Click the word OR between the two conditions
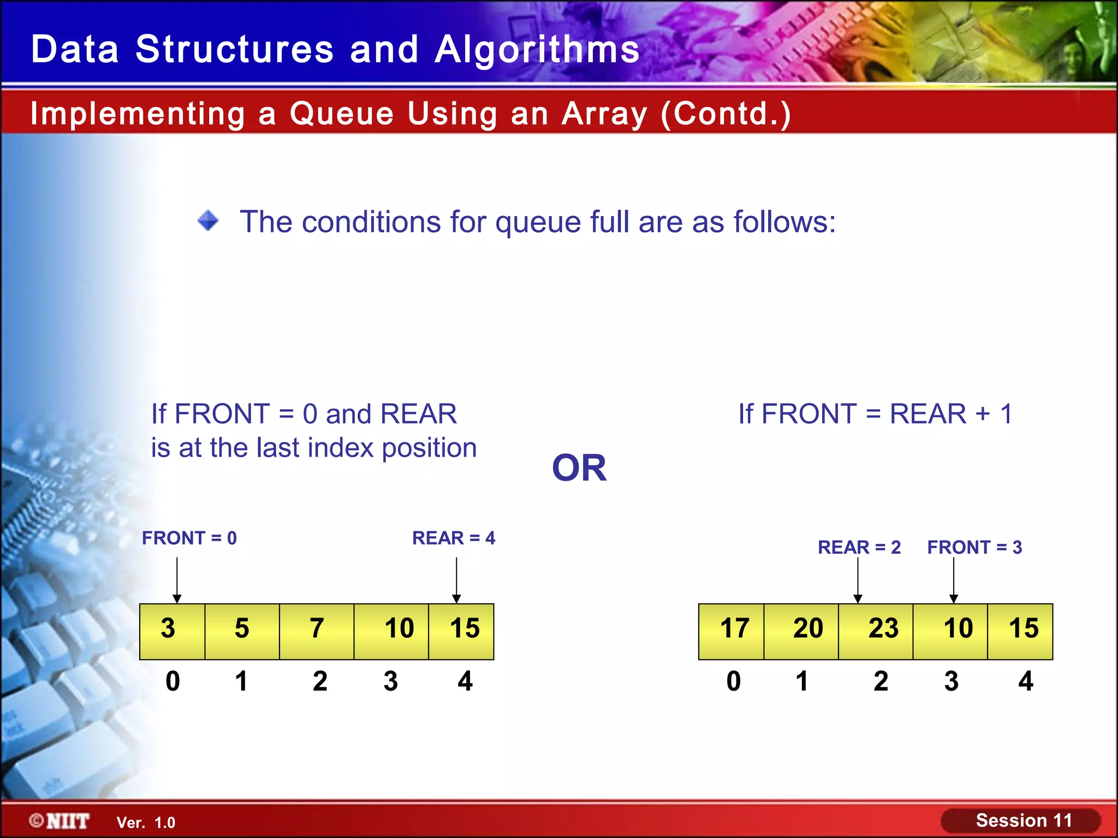pos(579,468)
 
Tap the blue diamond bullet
pos(208,221)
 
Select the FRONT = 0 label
pos(189,538)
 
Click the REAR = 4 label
pos(454,538)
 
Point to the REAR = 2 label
pos(859,547)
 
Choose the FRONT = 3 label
pos(974,547)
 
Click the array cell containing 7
pos(317,631)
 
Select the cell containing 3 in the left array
pos(172,631)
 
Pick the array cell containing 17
pos(732,631)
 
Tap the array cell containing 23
pos(876,631)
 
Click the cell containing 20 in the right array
pos(801,631)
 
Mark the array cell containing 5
pos(242,631)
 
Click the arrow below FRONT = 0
pos(177,579)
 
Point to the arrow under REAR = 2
pos(858,579)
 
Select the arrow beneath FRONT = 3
pos(954,579)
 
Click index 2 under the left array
pos(320,681)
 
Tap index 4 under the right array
pos(1026,681)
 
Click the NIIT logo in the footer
pos(60,821)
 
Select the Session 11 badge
pos(1021,821)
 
